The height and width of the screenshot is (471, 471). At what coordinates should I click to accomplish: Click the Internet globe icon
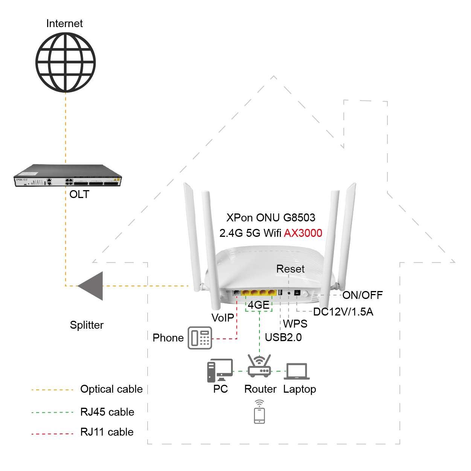66,62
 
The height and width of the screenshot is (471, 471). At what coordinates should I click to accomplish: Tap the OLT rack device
68,176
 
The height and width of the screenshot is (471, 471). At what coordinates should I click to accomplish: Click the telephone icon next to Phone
200,338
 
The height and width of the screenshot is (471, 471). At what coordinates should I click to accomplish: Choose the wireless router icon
259,366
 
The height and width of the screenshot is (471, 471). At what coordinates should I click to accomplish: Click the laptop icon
297,371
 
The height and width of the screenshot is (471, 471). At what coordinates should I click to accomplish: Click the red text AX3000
303,233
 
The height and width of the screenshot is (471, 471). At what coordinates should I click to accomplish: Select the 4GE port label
259,305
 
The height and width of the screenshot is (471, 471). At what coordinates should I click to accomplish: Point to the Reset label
290,269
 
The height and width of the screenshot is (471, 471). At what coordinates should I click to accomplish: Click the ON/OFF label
362,295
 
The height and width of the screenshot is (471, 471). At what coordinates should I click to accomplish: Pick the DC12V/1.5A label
343,312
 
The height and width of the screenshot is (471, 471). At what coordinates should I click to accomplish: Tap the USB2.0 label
283,337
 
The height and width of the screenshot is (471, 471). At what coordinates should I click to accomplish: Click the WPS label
295,324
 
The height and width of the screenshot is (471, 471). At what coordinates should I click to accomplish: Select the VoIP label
223,318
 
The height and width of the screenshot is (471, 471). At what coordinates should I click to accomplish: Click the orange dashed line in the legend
52,390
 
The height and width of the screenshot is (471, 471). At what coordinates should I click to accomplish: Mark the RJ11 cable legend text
107,432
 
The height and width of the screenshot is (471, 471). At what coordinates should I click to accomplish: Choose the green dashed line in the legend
52,413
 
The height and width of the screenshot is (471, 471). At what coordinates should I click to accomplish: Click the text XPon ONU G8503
271,218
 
